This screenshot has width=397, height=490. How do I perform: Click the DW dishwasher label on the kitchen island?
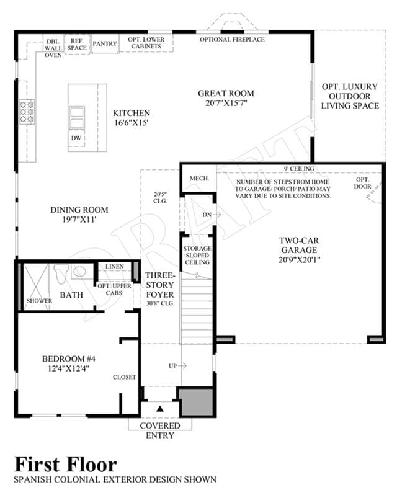click(x=76, y=138)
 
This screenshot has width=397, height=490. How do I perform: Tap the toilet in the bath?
click(x=61, y=274)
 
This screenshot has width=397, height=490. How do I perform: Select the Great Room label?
click(x=226, y=93)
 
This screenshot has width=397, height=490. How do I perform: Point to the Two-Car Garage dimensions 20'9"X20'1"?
click(x=300, y=260)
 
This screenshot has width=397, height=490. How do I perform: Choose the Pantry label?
click(x=105, y=44)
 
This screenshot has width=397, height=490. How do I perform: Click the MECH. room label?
click(x=199, y=179)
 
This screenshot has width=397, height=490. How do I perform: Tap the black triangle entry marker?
click(x=160, y=409)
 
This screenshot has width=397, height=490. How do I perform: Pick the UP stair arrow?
click(x=182, y=365)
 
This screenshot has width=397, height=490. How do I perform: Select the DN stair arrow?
click(x=216, y=215)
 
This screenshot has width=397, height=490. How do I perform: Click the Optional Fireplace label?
click(x=232, y=40)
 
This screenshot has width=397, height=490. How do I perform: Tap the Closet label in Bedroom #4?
click(x=125, y=377)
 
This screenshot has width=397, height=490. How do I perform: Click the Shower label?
click(x=39, y=301)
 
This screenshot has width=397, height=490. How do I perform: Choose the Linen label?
click(x=114, y=266)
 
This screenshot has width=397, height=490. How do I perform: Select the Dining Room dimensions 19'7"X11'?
click(x=79, y=220)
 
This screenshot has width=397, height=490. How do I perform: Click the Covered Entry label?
click(x=160, y=430)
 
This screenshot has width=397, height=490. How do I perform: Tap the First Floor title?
click(x=66, y=465)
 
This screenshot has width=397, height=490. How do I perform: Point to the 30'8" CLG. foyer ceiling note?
click(x=161, y=303)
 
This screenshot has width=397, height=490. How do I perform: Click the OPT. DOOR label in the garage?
click(x=363, y=183)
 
